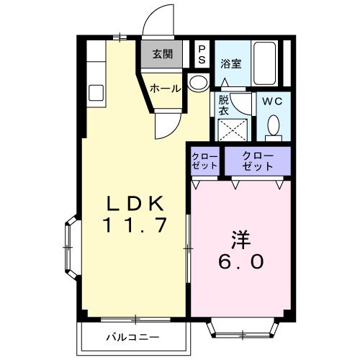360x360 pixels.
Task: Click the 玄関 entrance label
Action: pyautogui.click(x=163, y=53)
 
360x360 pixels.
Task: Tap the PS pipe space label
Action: pyautogui.click(x=202, y=53)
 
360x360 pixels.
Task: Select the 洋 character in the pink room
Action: pyautogui.click(x=241, y=238)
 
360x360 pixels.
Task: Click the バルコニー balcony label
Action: pyautogui.click(x=135, y=336)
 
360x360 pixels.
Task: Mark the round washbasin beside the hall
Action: pyautogui.click(x=197, y=82)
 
